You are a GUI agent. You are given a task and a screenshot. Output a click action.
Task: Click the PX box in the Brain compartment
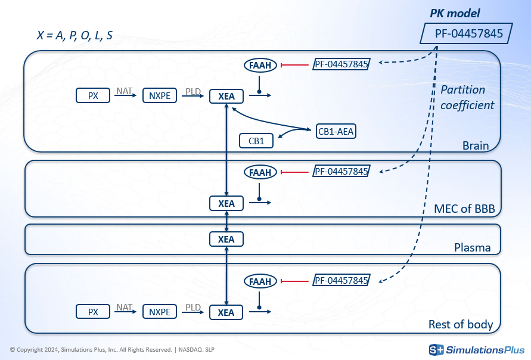coord(93,95)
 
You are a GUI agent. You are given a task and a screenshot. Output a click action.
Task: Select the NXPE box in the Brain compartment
coord(160,95)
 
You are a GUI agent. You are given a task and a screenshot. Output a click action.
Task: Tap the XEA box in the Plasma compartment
coord(226,240)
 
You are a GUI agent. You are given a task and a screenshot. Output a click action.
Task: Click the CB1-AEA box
coord(336,131)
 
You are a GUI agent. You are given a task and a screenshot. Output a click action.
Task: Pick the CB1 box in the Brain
coord(256,141)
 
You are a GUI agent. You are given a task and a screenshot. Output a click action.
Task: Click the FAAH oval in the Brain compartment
coord(260,64)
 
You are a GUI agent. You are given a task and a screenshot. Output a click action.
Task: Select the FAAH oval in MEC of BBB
coord(260,172)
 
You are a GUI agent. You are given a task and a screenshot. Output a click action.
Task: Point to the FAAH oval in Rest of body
coord(260,281)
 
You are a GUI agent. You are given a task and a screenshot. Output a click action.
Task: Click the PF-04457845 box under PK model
coord(465,33)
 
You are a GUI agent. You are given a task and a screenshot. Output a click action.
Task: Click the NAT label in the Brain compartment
coord(125,91)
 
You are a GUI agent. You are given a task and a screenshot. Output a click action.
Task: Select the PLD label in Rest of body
coord(193,308)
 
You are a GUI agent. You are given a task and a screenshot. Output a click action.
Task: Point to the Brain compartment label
coord(476,146)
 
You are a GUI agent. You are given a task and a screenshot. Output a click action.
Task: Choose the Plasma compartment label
coord(473,247)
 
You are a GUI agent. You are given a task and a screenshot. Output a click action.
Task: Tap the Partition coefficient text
coord(467,97)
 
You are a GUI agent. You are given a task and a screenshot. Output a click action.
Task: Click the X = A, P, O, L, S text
coord(74,35)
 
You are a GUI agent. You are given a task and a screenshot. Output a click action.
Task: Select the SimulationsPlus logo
coord(477,349)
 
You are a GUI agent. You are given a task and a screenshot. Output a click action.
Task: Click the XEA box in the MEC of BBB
coord(226,203)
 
